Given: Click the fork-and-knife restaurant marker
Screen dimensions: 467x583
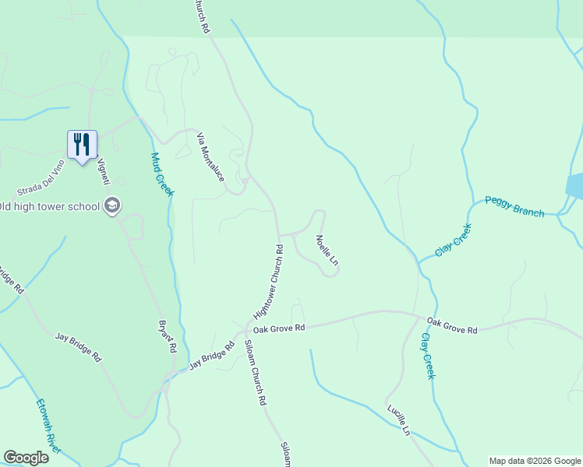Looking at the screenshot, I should (x=82, y=145).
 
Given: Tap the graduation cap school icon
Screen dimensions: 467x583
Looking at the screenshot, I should (x=112, y=205).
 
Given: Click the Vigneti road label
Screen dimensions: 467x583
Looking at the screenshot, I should (x=102, y=171).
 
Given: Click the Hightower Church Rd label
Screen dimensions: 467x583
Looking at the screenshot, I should (x=267, y=283).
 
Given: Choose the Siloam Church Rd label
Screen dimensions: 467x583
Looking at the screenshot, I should (x=256, y=374).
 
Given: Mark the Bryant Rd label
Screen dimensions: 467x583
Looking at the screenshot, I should (x=166, y=336).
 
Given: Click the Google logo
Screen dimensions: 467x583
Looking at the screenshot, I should (x=26, y=458).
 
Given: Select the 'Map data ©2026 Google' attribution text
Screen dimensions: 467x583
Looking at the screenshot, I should (x=535, y=461).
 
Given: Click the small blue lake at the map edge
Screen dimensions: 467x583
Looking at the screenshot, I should (x=575, y=185).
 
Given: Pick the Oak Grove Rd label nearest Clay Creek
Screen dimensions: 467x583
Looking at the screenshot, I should (x=452, y=325).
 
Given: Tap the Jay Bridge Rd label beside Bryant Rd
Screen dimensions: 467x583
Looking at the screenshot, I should (x=211, y=357).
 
